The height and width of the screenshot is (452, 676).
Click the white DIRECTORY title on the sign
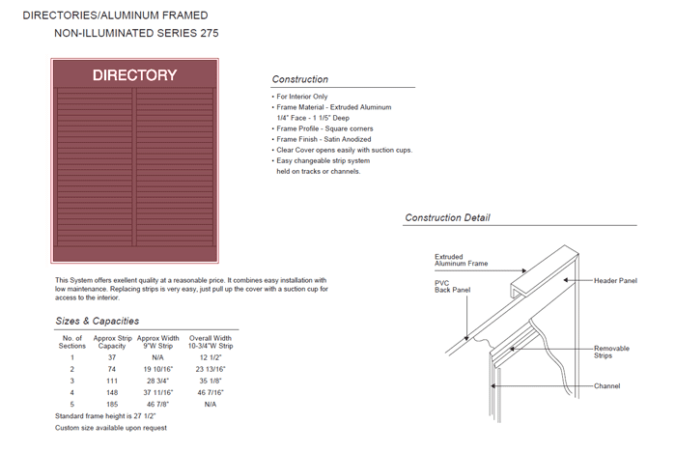click(134, 75)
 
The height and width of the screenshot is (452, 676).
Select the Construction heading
click(299, 79)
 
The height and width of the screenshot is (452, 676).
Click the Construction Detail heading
click(447, 218)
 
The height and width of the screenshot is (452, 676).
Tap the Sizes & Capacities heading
click(97, 321)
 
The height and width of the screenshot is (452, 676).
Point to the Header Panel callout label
click(615, 280)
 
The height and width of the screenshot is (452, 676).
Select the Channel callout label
click(606, 386)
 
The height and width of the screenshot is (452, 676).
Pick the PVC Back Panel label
click(453, 286)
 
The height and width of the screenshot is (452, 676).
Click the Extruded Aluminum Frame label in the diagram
click(462, 260)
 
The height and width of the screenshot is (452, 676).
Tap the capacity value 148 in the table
click(109, 392)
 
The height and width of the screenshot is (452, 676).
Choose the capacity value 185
click(109, 404)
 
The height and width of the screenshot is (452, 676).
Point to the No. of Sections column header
click(72, 341)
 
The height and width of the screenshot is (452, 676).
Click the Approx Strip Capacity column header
click(110, 341)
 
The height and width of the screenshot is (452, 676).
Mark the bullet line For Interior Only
click(301, 97)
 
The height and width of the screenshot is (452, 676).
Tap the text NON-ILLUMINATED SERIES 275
click(136, 33)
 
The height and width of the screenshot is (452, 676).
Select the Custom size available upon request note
click(111, 427)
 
